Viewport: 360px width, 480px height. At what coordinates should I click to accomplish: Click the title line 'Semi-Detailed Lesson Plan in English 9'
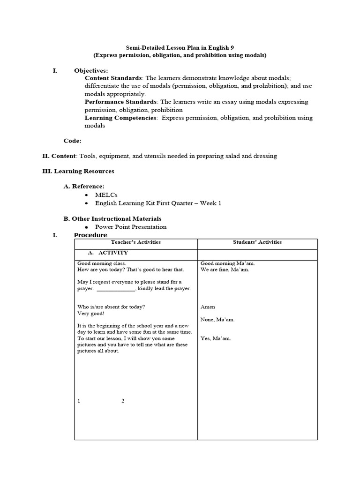pyautogui.click(x=180, y=47)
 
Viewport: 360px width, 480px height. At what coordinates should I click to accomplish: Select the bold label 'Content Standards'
pyautogui.click(x=113, y=78)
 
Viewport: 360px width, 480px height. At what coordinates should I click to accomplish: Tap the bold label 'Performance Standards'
pyautogui.click(x=120, y=102)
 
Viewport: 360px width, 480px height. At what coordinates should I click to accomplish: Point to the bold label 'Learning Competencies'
pyautogui.click(x=120, y=118)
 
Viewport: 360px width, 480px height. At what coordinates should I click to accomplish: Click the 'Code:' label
pyautogui.click(x=72, y=141)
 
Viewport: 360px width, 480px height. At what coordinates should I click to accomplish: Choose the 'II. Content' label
pyautogui.click(x=59, y=156)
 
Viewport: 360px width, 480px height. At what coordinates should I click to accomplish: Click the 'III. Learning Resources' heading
pyautogui.click(x=78, y=171)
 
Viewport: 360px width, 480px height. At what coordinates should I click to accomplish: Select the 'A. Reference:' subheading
pyautogui.click(x=84, y=186)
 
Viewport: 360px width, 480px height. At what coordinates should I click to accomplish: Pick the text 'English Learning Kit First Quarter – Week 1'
pyautogui.click(x=158, y=203)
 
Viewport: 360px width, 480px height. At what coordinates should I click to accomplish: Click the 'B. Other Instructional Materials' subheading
pyautogui.click(x=112, y=218)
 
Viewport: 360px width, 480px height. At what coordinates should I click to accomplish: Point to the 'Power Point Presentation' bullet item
pyautogui.click(x=131, y=227)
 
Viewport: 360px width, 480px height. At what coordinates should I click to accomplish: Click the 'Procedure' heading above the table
pyautogui.click(x=90, y=235)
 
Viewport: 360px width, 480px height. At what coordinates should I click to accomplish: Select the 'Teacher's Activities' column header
pyautogui.click(x=135, y=242)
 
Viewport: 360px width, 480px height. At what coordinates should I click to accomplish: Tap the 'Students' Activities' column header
pyautogui.click(x=257, y=242)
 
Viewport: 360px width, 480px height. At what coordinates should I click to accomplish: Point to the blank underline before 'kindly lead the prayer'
pyautogui.click(x=116, y=289)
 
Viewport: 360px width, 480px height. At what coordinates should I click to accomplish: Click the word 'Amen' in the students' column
pyautogui.click(x=208, y=307)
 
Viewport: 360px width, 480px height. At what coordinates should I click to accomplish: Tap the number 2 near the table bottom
pyautogui.click(x=123, y=401)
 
